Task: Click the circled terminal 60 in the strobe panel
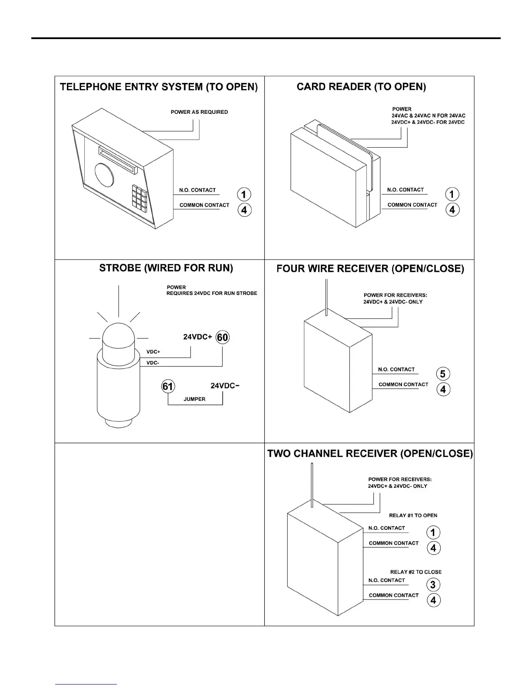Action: pos(223,337)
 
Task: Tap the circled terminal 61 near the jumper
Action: pos(168,386)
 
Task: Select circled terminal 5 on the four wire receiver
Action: pos(442,374)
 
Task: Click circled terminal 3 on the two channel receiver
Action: pos(433,585)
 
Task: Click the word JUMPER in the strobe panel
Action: pos(194,399)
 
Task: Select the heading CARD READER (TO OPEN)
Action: pos(361,87)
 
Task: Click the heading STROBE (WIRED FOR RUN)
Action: pos(166,268)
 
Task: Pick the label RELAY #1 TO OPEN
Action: pos(413,516)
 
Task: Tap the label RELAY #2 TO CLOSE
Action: pos(416,572)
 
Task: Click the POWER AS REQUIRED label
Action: pos(199,112)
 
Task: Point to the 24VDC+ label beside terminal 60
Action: pos(197,337)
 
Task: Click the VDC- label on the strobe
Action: pos(153,363)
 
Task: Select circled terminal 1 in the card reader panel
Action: pos(452,194)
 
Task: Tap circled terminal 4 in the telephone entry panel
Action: pos(244,210)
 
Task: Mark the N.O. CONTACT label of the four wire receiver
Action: pos(396,370)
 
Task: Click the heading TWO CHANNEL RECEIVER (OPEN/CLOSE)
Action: pos(370,454)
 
